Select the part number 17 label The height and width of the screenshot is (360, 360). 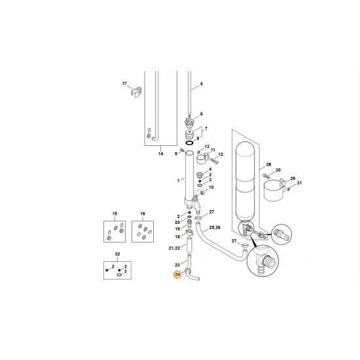(x=124, y=84)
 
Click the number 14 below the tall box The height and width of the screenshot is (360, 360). (x=160, y=154)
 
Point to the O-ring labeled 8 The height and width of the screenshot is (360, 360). (x=189, y=141)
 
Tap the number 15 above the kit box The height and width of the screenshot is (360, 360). (x=114, y=214)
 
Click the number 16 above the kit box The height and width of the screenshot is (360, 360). (x=141, y=214)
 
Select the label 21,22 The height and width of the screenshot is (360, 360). (x=174, y=248)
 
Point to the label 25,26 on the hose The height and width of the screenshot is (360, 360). (x=214, y=227)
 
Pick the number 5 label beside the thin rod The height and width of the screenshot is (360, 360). (x=202, y=84)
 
